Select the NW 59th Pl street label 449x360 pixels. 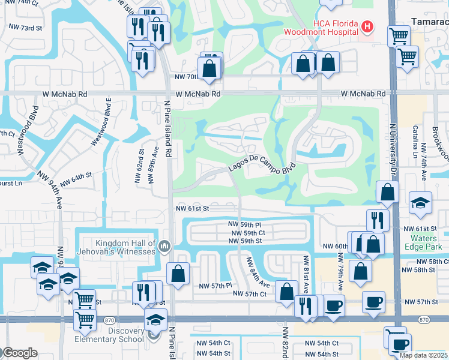246,224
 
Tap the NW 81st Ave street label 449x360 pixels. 306,269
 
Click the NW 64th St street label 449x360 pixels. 74,176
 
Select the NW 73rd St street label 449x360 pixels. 24,28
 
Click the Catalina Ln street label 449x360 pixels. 414,142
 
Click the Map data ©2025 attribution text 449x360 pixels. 423,355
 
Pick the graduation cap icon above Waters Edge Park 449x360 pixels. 420,203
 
